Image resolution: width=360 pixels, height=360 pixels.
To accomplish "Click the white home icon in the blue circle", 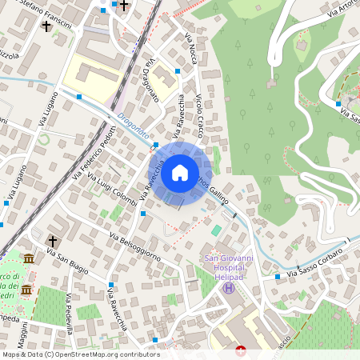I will [x=180, y=172].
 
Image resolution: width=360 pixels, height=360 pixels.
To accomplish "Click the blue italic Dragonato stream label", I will [x=132, y=129].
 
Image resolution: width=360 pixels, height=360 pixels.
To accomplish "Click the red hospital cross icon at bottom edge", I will [x=242, y=350].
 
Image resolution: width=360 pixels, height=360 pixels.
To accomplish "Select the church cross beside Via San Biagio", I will [x=53, y=240].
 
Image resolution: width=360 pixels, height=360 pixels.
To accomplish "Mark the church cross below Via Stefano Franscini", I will [x=46, y=27].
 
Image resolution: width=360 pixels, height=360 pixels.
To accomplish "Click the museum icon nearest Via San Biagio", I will [x=29, y=259].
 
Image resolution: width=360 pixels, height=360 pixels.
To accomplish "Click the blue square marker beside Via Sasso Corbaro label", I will [x=277, y=276].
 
